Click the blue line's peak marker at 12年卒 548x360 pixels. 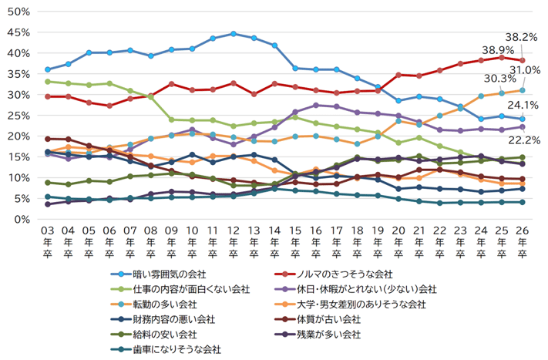pyautogui.click(x=233, y=34)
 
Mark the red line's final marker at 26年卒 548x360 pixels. pyautogui.click(x=522, y=60)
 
